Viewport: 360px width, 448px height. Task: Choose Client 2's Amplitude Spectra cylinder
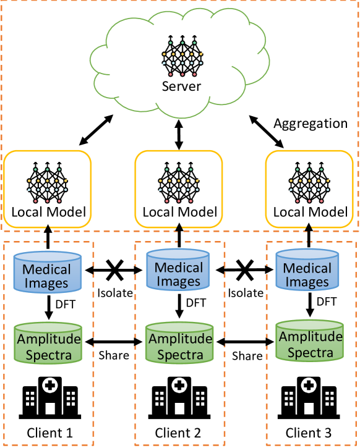[x=179, y=342]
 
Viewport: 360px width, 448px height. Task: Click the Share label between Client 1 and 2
[x=114, y=355]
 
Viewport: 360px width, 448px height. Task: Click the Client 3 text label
[x=309, y=433]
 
